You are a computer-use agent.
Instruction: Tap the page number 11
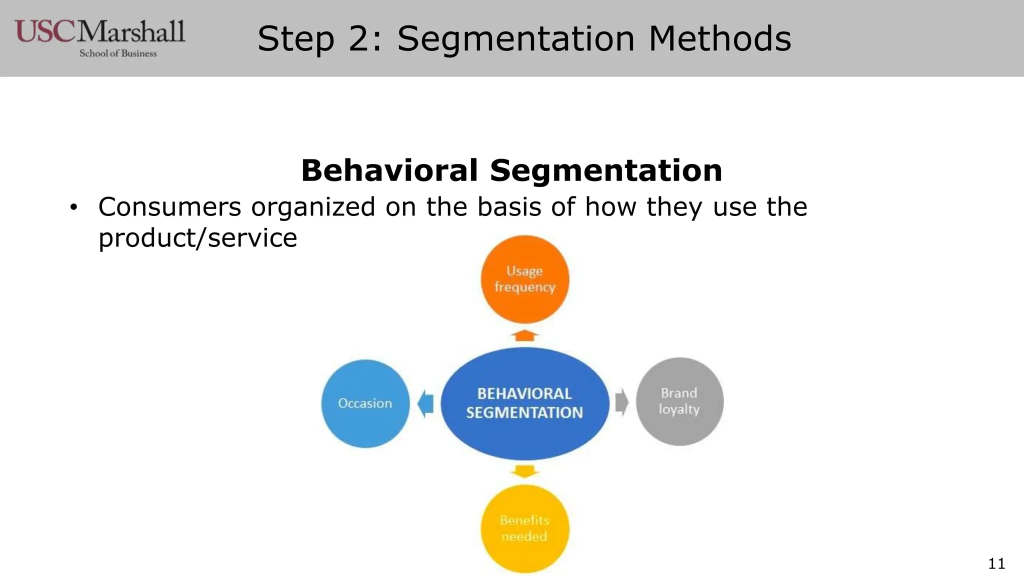(x=996, y=563)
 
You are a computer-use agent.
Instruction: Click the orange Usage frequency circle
(x=524, y=279)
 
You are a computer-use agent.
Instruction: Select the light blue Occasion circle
(x=365, y=403)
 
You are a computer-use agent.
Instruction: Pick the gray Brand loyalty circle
(x=679, y=401)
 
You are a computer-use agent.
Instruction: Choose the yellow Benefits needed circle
(x=524, y=528)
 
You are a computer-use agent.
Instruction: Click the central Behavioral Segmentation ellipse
(x=524, y=403)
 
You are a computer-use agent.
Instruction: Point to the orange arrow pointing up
(x=524, y=335)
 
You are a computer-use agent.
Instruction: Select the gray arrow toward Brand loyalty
(x=621, y=402)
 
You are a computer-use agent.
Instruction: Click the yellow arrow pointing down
(x=524, y=471)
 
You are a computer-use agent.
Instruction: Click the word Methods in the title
(x=720, y=38)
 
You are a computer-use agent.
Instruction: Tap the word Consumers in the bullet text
(x=169, y=207)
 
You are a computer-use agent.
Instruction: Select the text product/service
(x=197, y=238)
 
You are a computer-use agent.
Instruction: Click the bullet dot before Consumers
(x=73, y=207)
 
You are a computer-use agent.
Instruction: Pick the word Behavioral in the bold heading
(x=389, y=170)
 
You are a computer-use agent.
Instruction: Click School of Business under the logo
(x=118, y=53)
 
